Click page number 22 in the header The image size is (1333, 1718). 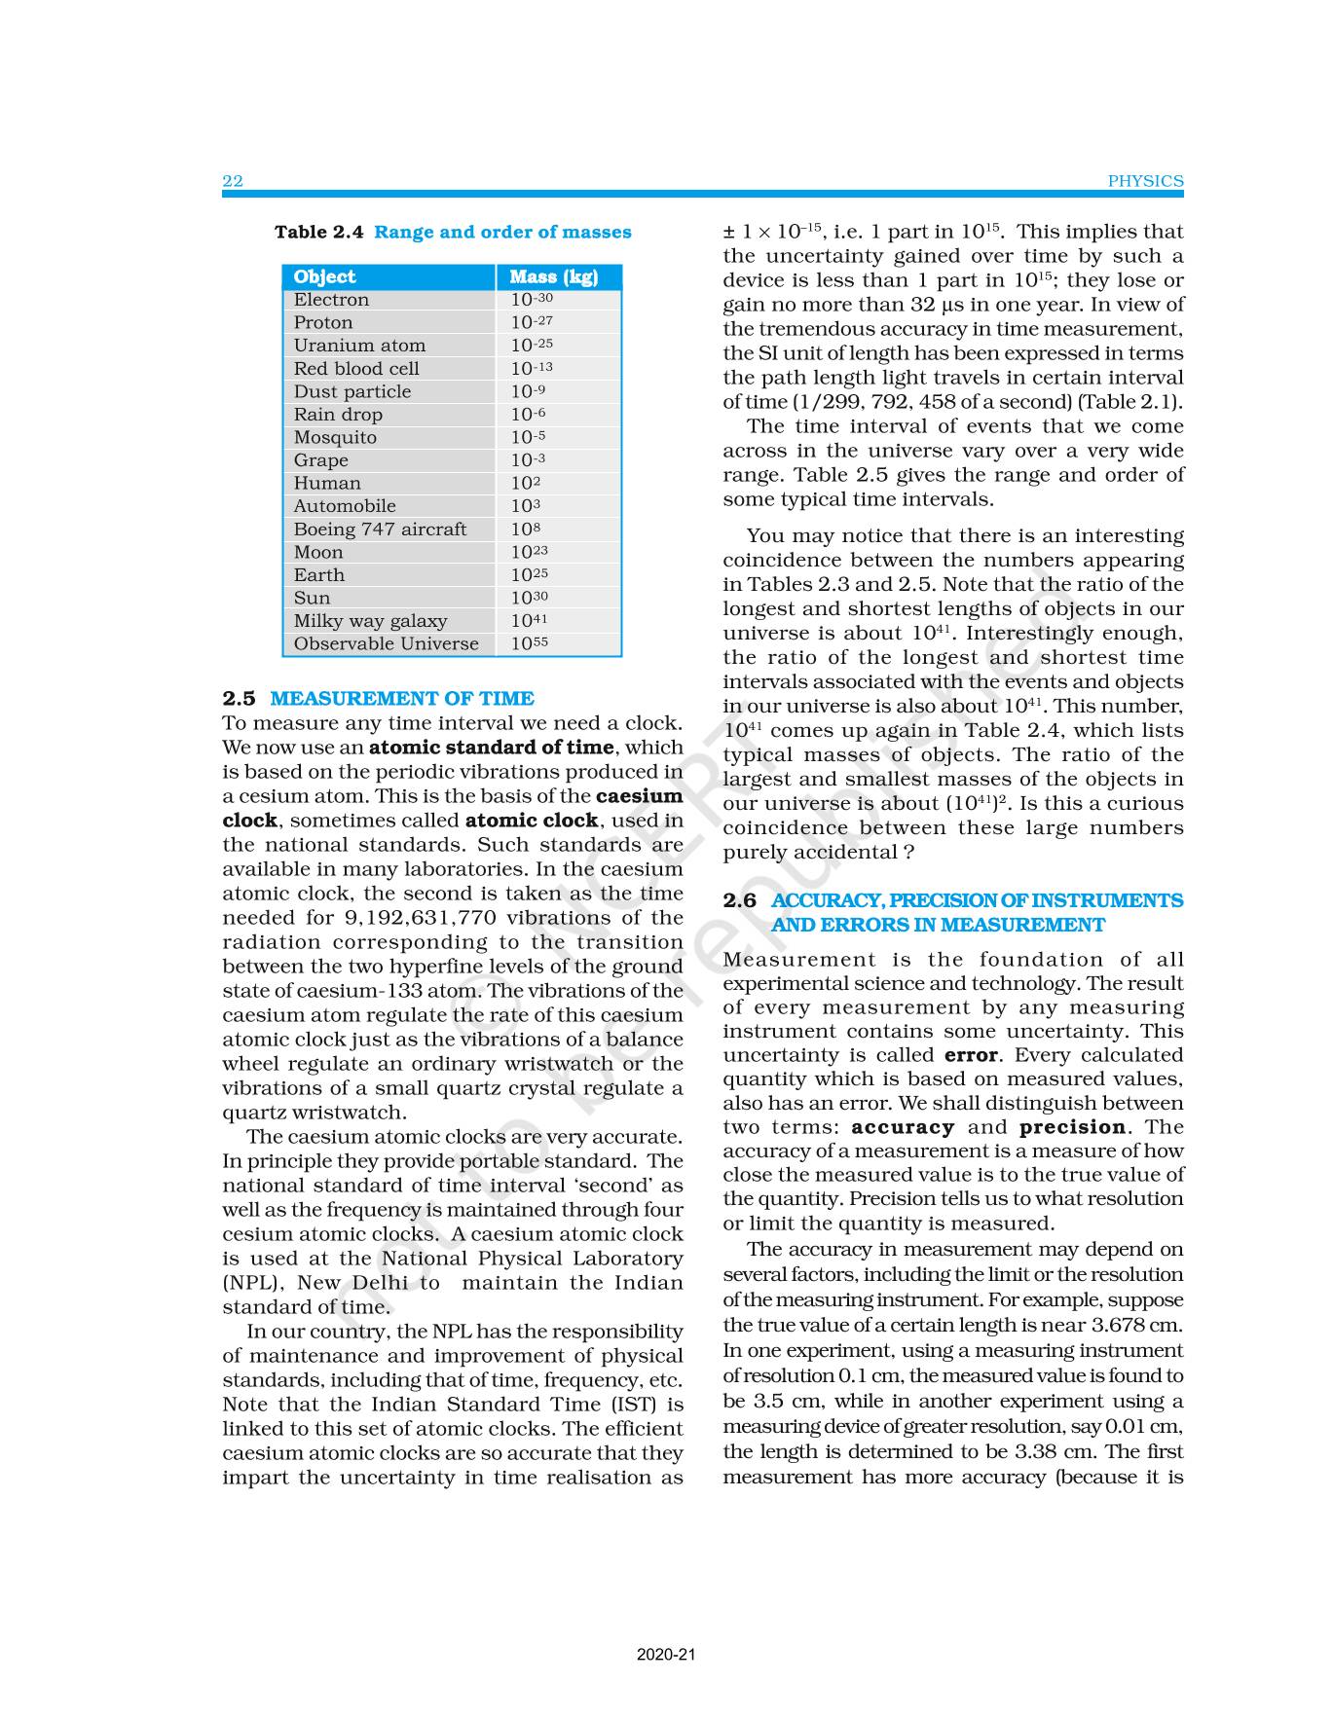point(233,181)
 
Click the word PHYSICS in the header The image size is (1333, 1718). point(1145,181)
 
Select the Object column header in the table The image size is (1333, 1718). point(324,276)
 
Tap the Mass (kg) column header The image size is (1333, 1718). point(553,276)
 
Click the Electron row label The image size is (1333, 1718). point(331,300)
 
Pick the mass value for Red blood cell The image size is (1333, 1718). point(532,369)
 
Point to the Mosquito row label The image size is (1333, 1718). point(335,437)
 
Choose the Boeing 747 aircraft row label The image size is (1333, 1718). point(380,529)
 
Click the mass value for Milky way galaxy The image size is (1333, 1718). point(529,620)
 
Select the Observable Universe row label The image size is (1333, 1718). point(386,643)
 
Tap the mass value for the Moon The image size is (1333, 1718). point(529,552)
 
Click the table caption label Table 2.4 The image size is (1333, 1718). point(318,232)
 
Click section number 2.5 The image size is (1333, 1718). point(239,698)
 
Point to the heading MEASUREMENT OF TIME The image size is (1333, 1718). point(401,698)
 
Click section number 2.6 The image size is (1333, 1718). point(739,900)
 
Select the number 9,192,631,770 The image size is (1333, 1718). point(421,918)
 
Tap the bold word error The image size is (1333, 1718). point(971,1055)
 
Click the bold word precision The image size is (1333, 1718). point(1072,1127)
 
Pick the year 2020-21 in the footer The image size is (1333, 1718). point(666,1654)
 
